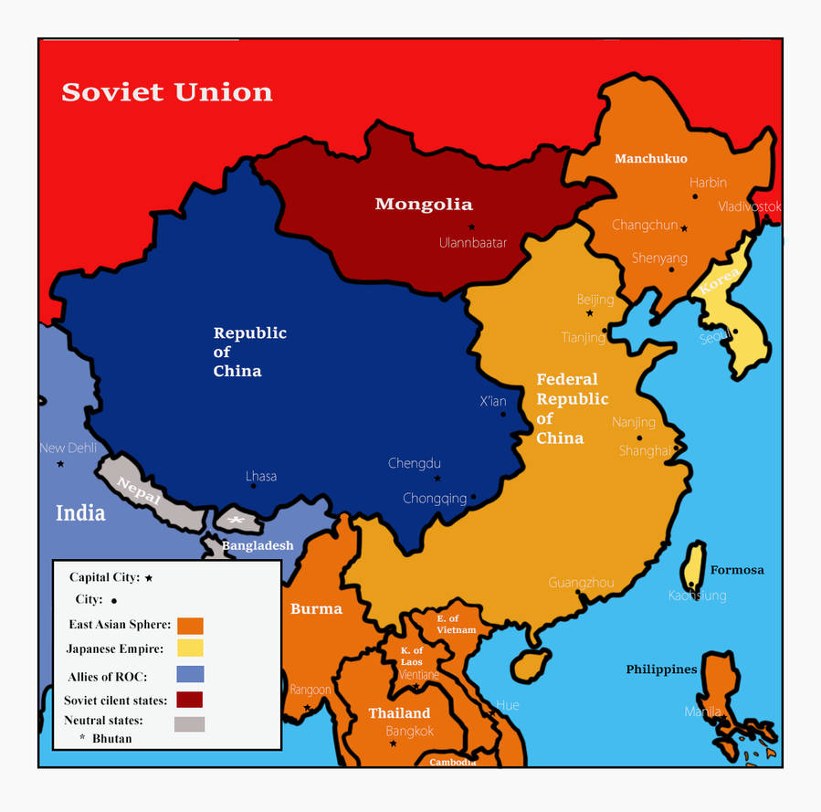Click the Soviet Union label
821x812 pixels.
pos(166,92)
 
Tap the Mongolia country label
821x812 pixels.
pos(424,205)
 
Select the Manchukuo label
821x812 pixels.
pos(650,159)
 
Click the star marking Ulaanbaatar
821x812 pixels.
pos(472,227)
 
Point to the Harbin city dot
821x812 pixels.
pos(696,196)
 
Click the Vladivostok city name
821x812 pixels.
pos(749,206)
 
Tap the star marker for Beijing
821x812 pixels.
pos(590,313)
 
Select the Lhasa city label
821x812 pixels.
pos(261,476)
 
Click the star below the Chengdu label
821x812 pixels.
pos(437,479)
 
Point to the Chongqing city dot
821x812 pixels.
pos(473,497)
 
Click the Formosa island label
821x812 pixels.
pos(737,570)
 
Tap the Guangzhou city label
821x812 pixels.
pos(581,583)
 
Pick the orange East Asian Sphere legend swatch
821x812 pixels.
pos(190,626)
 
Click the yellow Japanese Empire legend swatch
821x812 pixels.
pos(190,649)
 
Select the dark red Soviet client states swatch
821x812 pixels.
pos(190,700)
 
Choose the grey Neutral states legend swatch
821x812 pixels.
pos(190,723)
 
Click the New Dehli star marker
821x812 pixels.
pos(60,464)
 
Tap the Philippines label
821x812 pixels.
pos(661,670)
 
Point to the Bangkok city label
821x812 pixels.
pos(410,731)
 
